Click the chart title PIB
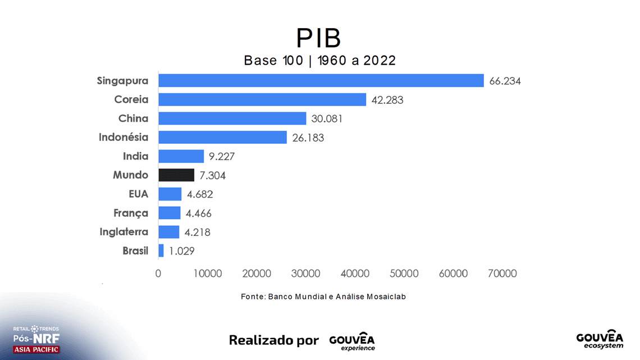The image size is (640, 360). click(319, 38)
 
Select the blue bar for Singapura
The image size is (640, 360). click(321, 80)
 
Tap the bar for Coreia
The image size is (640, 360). click(262, 99)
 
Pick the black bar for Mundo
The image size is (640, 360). click(176, 175)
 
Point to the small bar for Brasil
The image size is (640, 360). click(161, 250)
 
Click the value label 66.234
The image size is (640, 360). click(505, 81)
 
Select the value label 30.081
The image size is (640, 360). click(327, 119)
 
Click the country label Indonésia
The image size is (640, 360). click(124, 137)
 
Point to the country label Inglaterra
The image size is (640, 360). click(124, 231)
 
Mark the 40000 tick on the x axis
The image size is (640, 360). click(355, 274)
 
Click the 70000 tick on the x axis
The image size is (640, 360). click(502, 274)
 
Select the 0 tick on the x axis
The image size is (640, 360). click(158, 274)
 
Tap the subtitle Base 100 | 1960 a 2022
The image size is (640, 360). click(319, 61)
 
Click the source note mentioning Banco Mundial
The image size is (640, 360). click(323, 297)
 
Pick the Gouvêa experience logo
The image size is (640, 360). click(352, 341)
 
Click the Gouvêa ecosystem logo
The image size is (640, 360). click(600, 339)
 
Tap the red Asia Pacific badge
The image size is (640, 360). click(36, 349)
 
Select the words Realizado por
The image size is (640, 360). click(273, 340)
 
